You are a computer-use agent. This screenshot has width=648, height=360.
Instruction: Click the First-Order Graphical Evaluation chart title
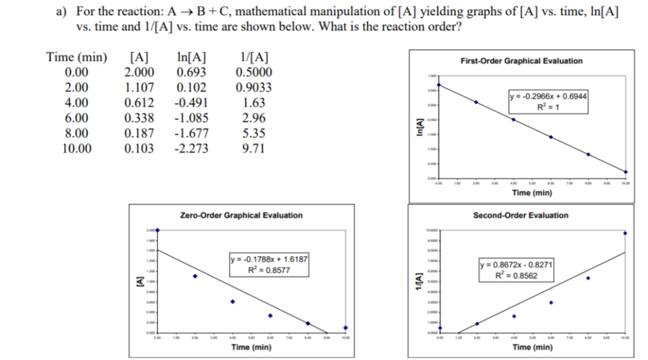(522, 61)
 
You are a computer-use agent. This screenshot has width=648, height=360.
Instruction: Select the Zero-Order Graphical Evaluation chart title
(241, 216)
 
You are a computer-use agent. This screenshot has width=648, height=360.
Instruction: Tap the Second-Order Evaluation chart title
(521, 216)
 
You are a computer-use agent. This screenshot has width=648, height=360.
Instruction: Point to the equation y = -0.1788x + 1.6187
(269, 259)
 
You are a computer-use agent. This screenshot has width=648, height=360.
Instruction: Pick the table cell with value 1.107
(138, 88)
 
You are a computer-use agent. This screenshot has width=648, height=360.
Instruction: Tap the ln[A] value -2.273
(190, 149)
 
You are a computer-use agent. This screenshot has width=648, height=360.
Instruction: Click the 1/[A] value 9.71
(254, 149)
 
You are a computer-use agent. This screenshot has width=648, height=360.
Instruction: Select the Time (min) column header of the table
(77, 57)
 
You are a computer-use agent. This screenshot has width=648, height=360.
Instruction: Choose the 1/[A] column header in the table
(253, 57)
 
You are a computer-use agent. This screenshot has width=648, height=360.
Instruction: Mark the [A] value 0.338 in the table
(138, 118)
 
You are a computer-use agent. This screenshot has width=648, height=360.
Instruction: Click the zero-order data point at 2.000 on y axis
(158, 230)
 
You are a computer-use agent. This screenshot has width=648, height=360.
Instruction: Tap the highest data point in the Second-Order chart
(625, 233)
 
